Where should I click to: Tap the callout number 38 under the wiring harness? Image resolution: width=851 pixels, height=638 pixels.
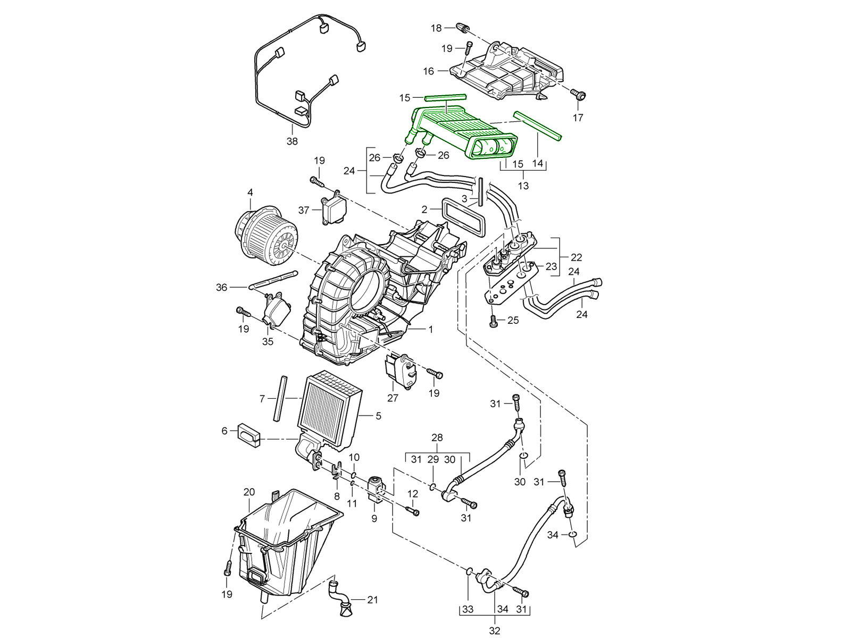(291, 141)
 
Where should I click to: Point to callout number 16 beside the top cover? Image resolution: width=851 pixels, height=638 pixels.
(429, 71)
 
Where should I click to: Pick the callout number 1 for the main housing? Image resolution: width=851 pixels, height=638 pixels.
(430, 330)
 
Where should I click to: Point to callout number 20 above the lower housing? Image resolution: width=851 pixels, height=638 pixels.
(249, 492)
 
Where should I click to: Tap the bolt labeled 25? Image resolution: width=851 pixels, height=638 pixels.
(493, 321)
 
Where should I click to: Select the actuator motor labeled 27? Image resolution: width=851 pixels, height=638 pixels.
(402, 370)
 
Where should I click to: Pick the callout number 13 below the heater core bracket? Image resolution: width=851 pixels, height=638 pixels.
(523, 186)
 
